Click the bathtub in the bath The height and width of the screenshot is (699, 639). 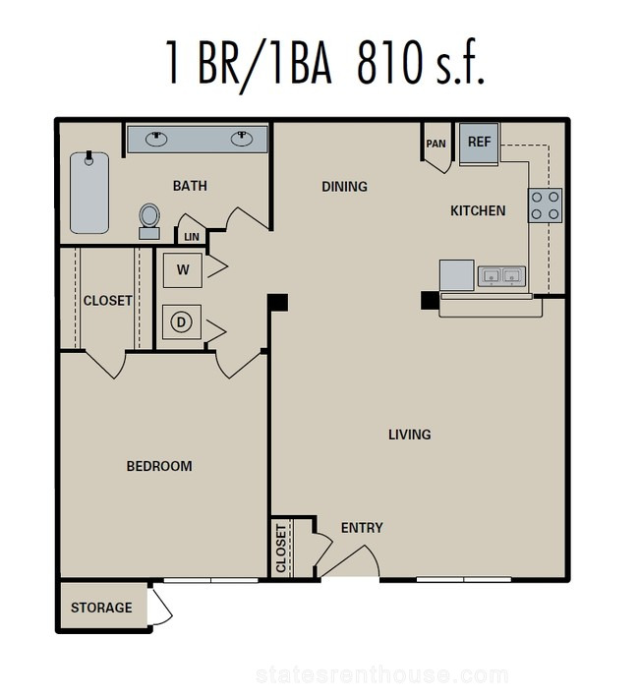tap(89, 192)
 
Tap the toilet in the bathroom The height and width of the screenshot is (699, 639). tap(149, 221)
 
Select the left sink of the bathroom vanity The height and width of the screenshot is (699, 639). tap(156, 139)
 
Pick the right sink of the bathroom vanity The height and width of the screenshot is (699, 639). tap(242, 139)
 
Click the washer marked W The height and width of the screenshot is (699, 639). tap(183, 269)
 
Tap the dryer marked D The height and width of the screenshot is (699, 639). tap(182, 321)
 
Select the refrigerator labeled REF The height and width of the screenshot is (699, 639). tap(479, 144)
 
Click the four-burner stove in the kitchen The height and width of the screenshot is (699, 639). tap(545, 205)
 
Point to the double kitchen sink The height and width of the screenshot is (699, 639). tap(501, 276)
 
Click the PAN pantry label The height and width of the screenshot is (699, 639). tap(436, 144)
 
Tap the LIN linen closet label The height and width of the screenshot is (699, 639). tap(192, 237)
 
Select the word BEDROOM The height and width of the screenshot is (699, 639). tap(159, 466)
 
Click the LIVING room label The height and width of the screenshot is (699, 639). tap(409, 435)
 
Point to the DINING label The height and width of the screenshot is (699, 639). tap(345, 187)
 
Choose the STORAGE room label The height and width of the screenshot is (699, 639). tap(101, 608)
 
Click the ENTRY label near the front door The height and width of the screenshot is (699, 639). tap(362, 528)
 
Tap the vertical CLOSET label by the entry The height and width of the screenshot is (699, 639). tap(281, 549)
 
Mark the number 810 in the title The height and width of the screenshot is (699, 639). tap(389, 62)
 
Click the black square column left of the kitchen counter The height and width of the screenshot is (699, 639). tap(430, 300)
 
